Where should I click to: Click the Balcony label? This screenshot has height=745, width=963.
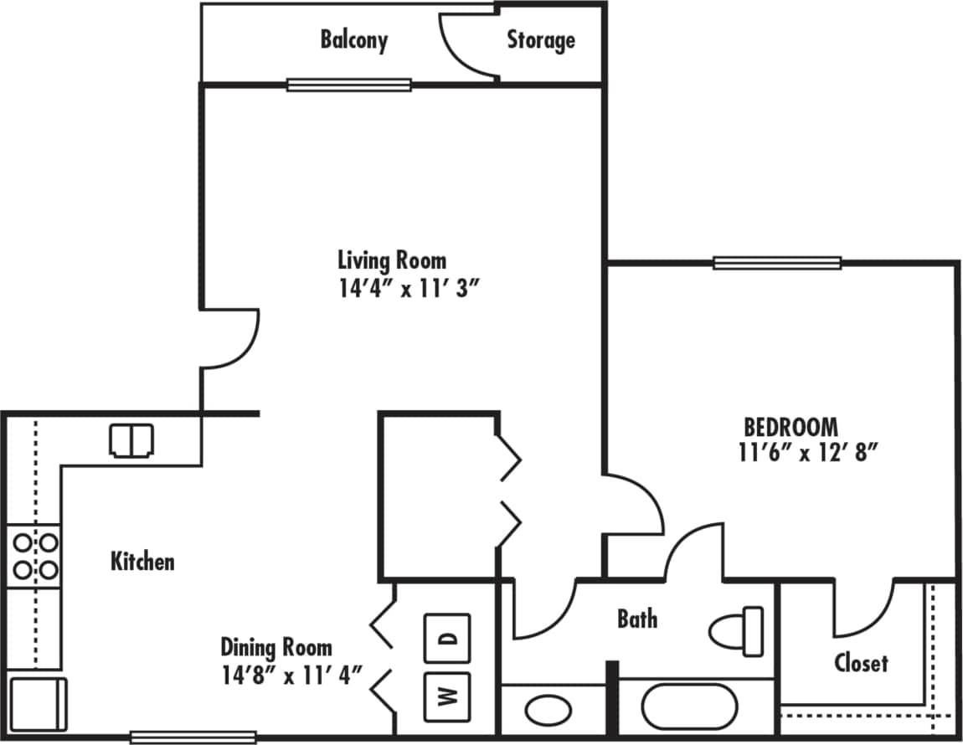click(x=353, y=40)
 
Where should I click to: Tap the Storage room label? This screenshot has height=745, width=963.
click(x=541, y=40)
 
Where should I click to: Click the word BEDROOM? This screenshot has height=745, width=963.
click(x=790, y=427)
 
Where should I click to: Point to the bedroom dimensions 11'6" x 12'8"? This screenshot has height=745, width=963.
click(x=807, y=453)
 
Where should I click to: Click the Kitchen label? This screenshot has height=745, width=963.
click(x=142, y=561)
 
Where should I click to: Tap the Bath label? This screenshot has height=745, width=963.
click(x=637, y=619)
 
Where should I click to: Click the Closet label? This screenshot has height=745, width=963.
click(x=861, y=663)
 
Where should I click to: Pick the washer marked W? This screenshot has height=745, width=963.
click(x=447, y=696)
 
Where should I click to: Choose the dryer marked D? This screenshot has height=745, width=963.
click(x=447, y=639)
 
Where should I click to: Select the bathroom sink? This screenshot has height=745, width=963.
click(x=548, y=711)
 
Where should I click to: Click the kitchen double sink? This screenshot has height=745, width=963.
click(x=131, y=440)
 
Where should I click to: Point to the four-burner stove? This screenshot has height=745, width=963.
click(x=35, y=557)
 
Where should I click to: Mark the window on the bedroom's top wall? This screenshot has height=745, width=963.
click(x=777, y=263)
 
